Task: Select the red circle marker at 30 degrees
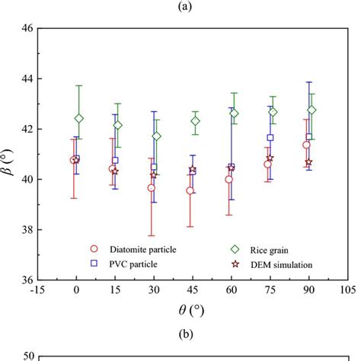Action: (152, 187)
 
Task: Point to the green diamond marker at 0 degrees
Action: (79, 118)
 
